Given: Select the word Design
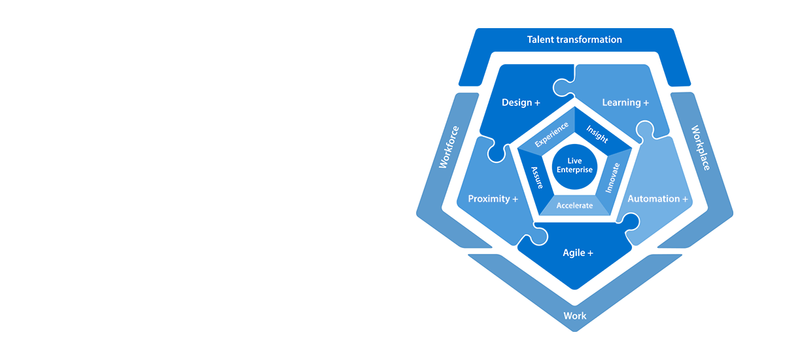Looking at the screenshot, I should [x=516, y=103].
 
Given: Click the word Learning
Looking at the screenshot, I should [x=621, y=103].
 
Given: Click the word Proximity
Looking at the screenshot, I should [x=489, y=199].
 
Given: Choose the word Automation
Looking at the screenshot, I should [x=654, y=199].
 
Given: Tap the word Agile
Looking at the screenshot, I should [x=574, y=253].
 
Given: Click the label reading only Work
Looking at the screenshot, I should [x=575, y=316].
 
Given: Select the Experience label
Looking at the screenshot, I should [x=551, y=134].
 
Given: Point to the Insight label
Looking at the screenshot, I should [x=597, y=134].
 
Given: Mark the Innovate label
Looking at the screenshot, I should [x=612, y=177].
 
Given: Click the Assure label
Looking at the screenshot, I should [x=536, y=177].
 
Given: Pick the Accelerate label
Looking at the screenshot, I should [x=574, y=206].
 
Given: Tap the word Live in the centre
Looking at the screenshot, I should [x=574, y=161].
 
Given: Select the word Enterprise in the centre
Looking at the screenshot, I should [x=574, y=170].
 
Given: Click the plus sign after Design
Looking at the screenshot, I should [x=538, y=103].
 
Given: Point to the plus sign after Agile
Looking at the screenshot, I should [x=590, y=253].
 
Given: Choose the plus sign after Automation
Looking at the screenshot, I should [x=685, y=199].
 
